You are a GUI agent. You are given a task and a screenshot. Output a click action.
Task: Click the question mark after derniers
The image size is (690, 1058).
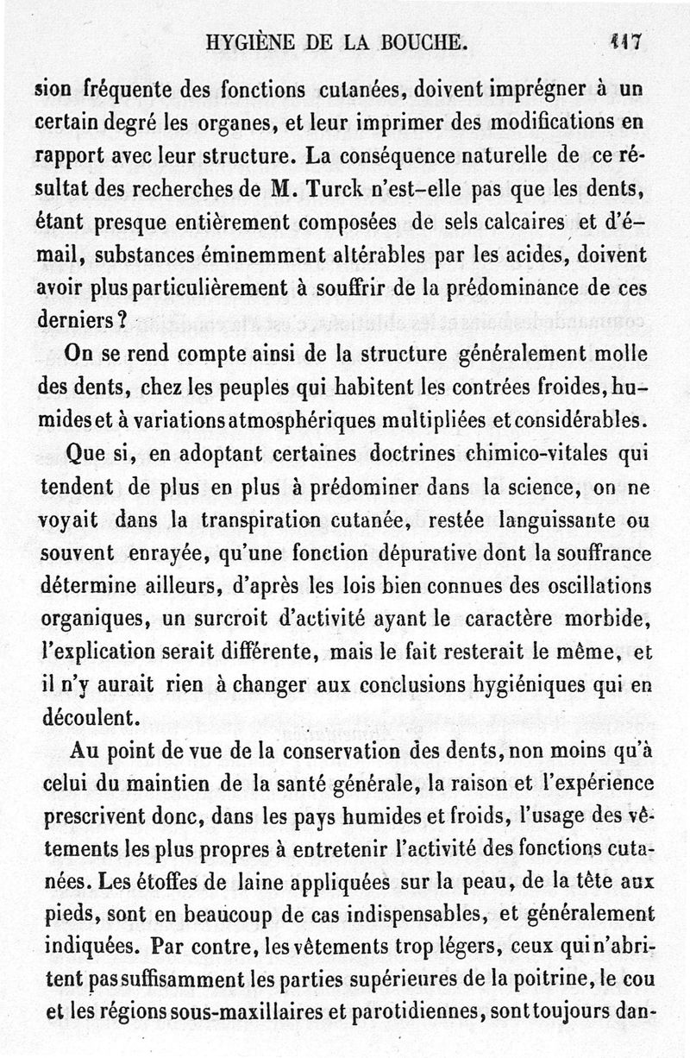point(124,316)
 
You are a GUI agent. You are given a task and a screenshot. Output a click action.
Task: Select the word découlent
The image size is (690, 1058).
point(89,716)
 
